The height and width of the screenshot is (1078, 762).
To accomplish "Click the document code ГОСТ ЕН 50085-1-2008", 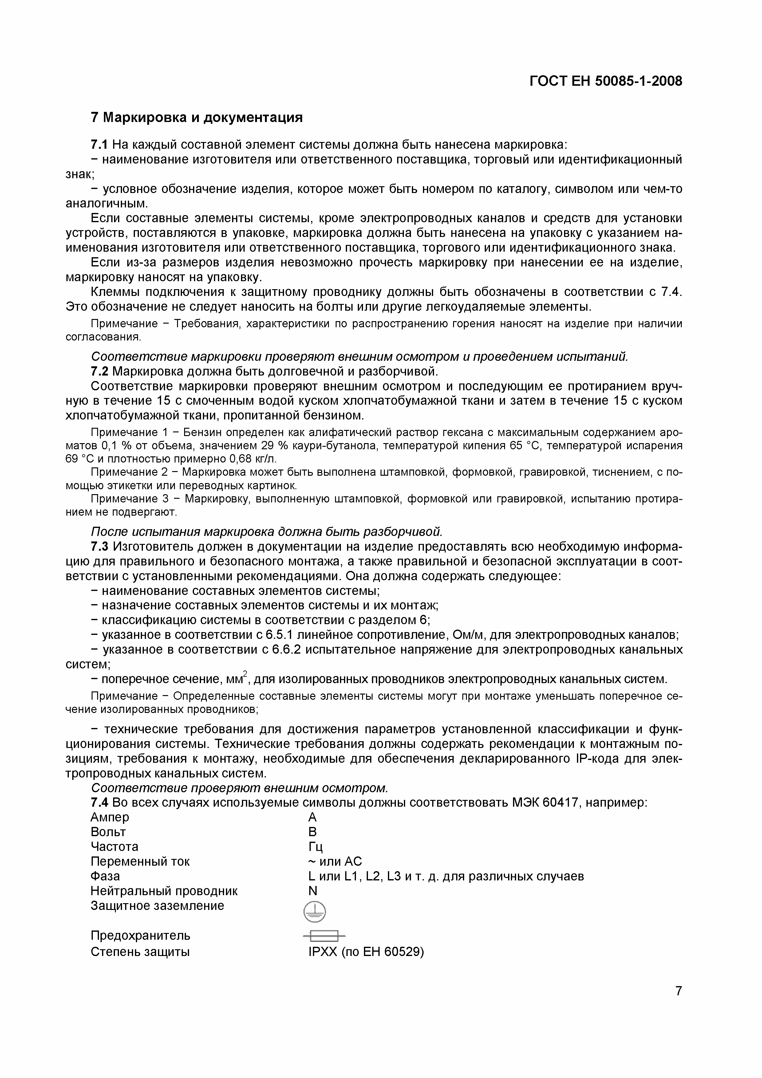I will [606, 81].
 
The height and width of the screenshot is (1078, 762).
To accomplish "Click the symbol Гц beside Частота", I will [315, 847].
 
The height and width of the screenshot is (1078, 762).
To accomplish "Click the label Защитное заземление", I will [157, 906].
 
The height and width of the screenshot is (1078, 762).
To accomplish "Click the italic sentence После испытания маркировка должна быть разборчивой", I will [266, 532].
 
